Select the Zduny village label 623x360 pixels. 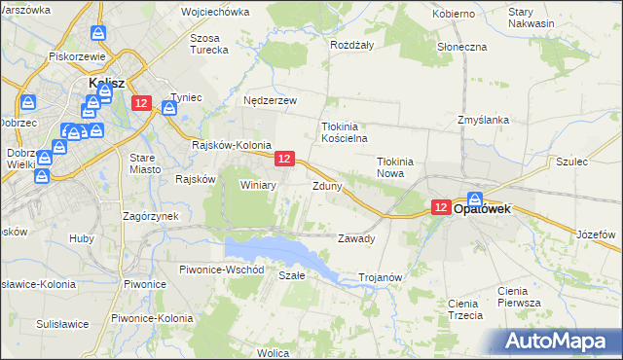pyautogui.click(x=326, y=185)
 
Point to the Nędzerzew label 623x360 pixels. pyautogui.click(x=269, y=100)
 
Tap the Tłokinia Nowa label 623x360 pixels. pyautogui.click(x=396, y=167)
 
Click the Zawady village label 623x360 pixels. pyautogui.click(x=355, y=238)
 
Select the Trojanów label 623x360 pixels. pyautogui.click(x=381, y=277)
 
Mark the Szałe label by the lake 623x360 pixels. pyautogui.click(x=292, y=275)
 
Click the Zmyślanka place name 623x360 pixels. pyautogui.click(x=484, y=120)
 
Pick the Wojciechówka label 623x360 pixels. pyautogui.click(x=214, y=14)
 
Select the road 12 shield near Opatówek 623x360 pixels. pyautogui.click(x=440, y=207)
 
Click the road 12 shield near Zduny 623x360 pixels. pyautogui.click(x=284, y=158)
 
